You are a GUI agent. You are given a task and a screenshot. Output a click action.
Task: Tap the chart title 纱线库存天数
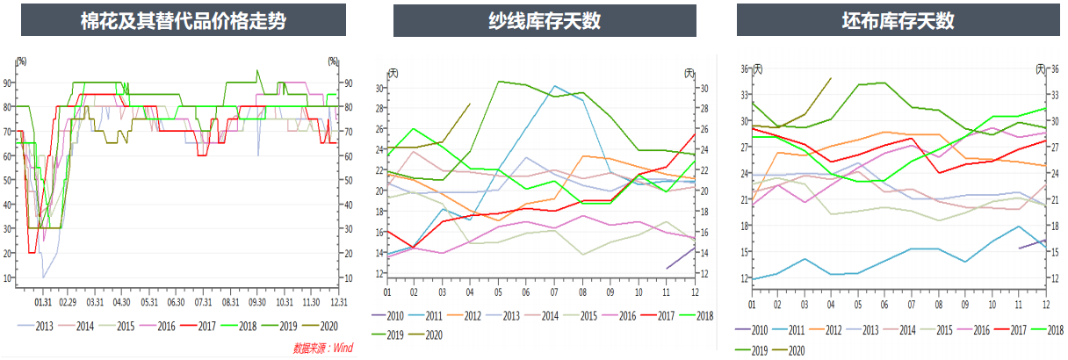pos(545,20)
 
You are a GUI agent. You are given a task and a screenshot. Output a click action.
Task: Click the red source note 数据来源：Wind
pos(322,348)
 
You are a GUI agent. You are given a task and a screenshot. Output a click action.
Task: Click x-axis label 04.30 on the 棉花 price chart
pos(121,300)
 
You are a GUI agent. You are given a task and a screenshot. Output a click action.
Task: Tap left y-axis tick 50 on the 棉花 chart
pos(8,180)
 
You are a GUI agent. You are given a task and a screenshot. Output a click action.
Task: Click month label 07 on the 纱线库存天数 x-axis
pos(554,292)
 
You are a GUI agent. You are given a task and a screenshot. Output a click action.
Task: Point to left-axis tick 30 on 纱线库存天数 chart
pos(379,88)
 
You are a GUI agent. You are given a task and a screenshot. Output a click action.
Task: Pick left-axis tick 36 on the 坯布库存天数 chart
pos(744,68)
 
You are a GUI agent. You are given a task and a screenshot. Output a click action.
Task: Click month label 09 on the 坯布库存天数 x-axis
pos(964,303)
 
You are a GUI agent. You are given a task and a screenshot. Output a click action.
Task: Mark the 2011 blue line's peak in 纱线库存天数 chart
pos(554,86)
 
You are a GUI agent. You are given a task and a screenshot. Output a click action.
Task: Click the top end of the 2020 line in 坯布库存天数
pos(831,77)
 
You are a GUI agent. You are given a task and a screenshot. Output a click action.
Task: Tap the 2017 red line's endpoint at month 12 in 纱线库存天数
pos(695,134)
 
